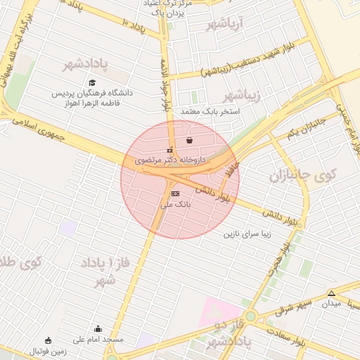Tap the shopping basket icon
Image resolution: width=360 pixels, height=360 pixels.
[190, 140]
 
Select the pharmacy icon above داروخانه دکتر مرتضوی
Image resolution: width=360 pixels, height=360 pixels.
[168, 150]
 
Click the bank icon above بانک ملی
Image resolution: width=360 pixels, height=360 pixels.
[175, 193]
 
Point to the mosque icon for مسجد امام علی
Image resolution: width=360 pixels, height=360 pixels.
[98, 328]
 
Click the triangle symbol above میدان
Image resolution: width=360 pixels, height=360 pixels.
[331, 293]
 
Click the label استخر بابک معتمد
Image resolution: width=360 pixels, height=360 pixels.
[211, 112]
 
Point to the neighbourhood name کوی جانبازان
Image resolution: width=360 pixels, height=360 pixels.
[309, 174]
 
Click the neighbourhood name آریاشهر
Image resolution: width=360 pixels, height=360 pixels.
[224, 25]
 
